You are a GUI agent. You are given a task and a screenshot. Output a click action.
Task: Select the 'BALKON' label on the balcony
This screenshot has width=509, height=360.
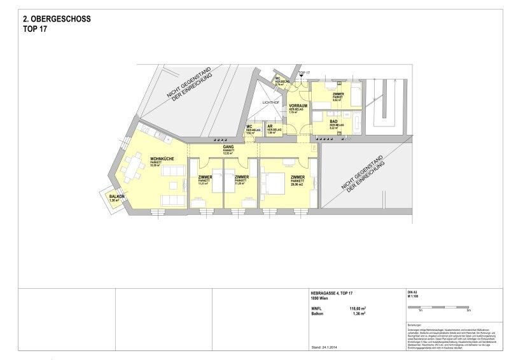point(116,197)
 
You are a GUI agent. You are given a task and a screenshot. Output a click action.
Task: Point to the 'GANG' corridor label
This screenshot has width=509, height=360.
point(226,147)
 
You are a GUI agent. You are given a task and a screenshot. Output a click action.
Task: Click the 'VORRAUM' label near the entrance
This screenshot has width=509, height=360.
point(298,106)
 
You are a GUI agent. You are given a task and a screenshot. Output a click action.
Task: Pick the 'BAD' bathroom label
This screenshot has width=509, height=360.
point(333,121)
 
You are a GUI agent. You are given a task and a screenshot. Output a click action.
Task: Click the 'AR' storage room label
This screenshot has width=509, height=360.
point(270,126)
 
